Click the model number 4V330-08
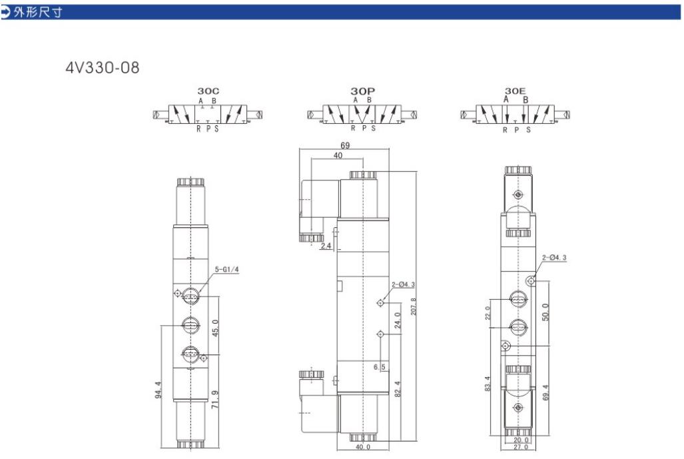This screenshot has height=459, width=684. pos(103,68)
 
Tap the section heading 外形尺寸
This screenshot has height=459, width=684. pos(38,12)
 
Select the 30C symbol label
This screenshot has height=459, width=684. pos(208,91)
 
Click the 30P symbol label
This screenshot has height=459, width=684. pos(362,91)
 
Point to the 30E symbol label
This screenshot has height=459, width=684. pos(515,91)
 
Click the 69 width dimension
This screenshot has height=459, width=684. pos(345,145)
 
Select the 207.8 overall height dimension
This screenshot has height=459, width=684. pos(413,306)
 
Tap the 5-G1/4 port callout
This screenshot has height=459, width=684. pos(227,270)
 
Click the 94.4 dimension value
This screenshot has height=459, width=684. pos(158,390)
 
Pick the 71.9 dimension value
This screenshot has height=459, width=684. pos(215,400)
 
